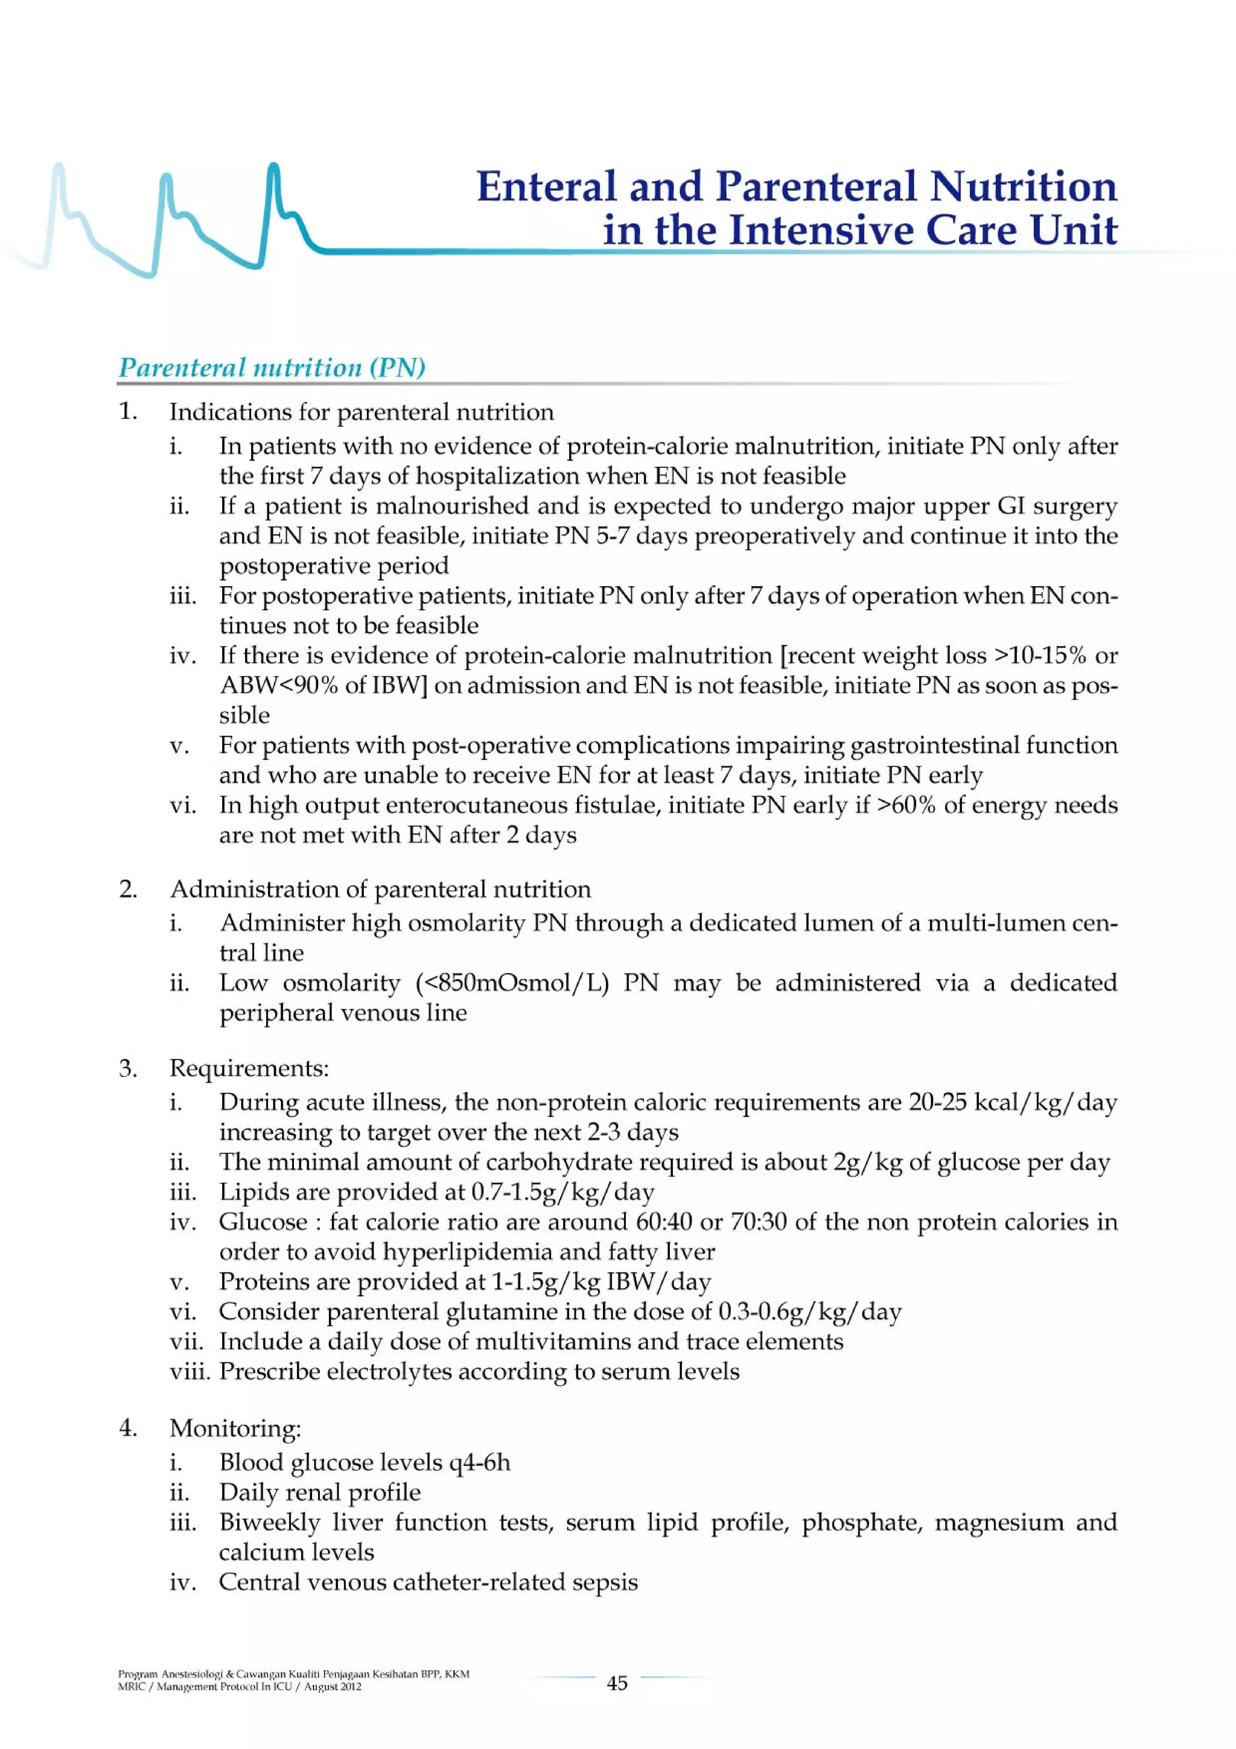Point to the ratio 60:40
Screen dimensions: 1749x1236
pyautogui.click(x=663, y=1222)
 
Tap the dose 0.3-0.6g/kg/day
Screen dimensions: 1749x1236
pyautogui.click(x=809, y=1312)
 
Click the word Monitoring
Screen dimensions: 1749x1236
pyautogui.click(x=233, y=1428)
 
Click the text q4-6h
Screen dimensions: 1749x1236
pyautogui.click(x=479, y=1463)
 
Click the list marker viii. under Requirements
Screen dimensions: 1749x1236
pyautogui.click(x=190, y=1372)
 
